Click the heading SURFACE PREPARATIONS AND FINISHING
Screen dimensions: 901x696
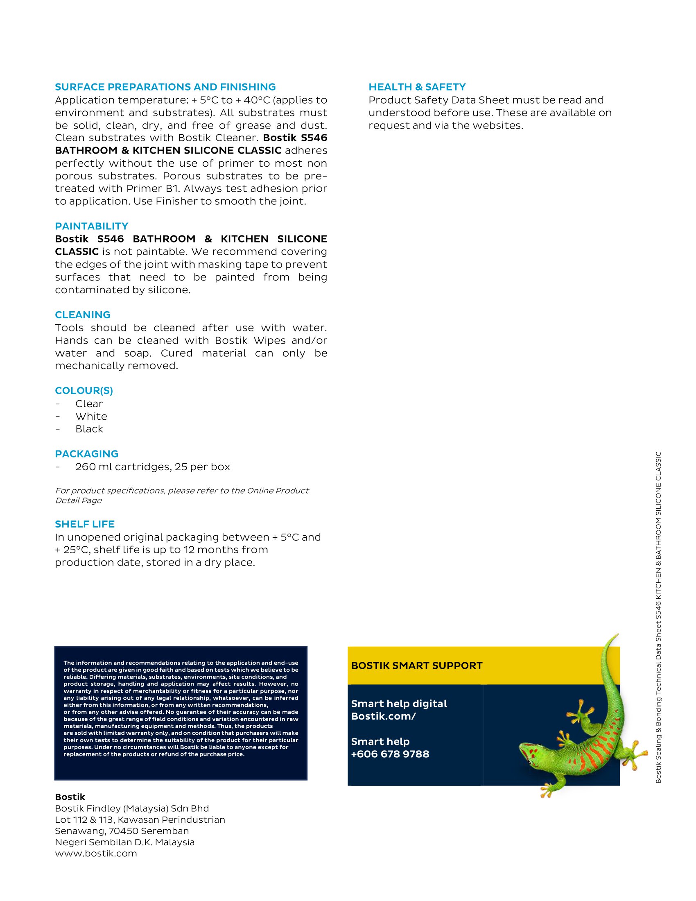[x=165, y=87]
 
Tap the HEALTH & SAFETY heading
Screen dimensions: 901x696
[x=417, y=87]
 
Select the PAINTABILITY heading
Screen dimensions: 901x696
[x=92, y=226]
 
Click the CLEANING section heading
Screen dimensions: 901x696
[x=82, y=315]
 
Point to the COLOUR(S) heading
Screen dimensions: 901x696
[x=84, y=391]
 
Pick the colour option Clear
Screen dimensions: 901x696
[x=89, y=403]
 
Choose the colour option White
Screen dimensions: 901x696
[x=91, y=416]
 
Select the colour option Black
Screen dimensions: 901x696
[x=89, y=429]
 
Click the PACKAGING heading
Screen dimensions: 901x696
[x=86, y=454]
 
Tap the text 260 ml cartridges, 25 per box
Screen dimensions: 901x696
[x=153, y=466]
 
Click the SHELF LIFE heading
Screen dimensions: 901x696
[x=84, y=524]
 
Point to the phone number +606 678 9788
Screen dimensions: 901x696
[x=390, y=754]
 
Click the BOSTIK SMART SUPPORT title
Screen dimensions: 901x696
[x=416, y=666]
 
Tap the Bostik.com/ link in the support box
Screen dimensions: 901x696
[x=384, y=716]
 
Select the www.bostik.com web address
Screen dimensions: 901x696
[x=96, y=853]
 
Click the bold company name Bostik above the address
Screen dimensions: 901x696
[x=70, y=797]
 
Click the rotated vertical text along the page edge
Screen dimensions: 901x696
[x=658, y=619]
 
